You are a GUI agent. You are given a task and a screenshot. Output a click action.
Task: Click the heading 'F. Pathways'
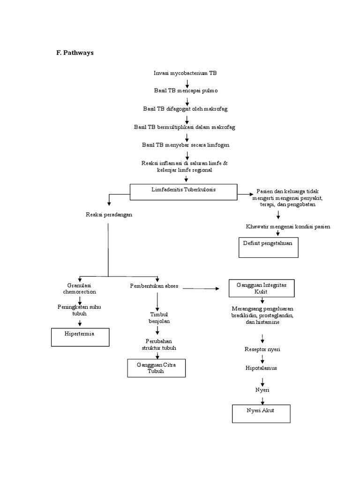[75, 53]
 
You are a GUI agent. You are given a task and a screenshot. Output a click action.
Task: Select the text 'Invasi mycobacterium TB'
[185, 73]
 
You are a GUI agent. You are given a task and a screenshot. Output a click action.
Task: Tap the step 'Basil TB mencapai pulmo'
[186, 90]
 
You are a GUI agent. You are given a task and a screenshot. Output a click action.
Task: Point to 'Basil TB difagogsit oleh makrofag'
[185, 109]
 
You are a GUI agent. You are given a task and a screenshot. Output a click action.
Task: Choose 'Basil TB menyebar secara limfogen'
[186, 145]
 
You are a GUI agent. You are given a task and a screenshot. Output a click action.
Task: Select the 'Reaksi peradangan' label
[109, 214]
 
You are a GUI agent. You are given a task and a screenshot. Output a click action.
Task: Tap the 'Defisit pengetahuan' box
[268, 247]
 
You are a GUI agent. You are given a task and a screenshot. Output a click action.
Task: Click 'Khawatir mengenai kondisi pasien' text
[288, 227]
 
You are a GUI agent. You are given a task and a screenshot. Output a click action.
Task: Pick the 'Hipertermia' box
[80, 337]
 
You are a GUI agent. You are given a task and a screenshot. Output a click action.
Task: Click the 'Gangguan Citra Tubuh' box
[156, 368]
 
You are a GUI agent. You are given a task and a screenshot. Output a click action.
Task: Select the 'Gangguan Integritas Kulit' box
[262, 288]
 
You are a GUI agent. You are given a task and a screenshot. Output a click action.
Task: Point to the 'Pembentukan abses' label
[154, 286]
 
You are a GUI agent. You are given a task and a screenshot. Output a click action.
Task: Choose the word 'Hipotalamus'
[261, 368]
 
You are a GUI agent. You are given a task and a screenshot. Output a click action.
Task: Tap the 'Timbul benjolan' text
[158, 317]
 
